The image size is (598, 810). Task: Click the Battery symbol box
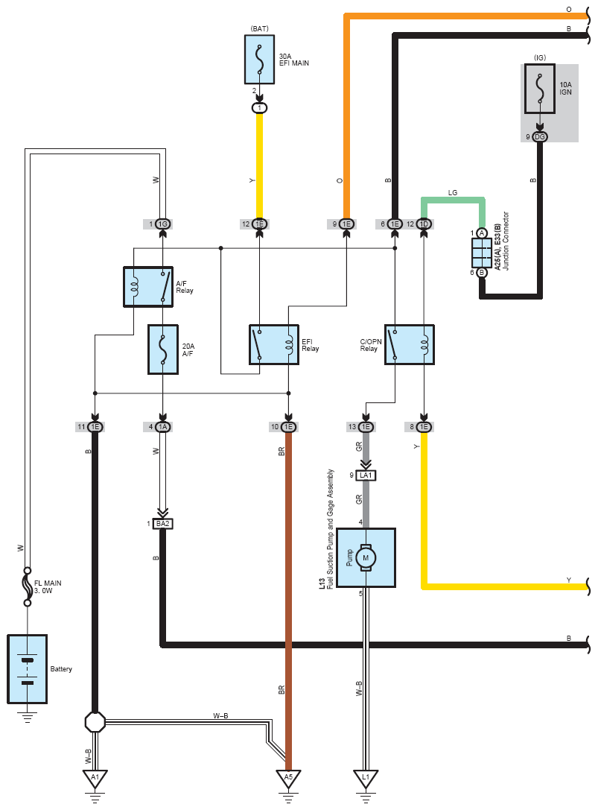click(x=28, y=669)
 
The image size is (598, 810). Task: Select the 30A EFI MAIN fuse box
click(x=259, y=58)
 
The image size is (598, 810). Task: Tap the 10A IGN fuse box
click(x=540, y=89)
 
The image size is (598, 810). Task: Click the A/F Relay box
click(x=148, y=286)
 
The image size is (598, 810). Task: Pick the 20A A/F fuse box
click(x=162, y=347)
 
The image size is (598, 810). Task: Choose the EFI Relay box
click(x=274, y=345)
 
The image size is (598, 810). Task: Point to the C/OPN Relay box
click(x=410, y=344)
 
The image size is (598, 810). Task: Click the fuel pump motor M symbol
click(x=366, y=557)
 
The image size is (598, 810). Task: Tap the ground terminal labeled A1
click(x=95, y=778)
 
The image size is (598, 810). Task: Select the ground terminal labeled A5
click(x=289, y=778)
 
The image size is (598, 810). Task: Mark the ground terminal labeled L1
click(x=365, y=778)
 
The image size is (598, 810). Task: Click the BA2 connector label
click(x=162, y=524)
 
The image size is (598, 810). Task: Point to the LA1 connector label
click(x=366, y=475)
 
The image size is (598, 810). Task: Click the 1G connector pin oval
click(x=162, y=224)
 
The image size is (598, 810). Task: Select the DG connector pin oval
click(x=541, y=136)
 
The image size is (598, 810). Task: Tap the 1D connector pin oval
click(x=424, y=224)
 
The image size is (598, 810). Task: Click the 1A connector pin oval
click(x=162, y=427)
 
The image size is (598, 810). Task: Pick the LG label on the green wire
click(x=453, y=192)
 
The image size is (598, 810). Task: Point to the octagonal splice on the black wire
click(x=95, y=721)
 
